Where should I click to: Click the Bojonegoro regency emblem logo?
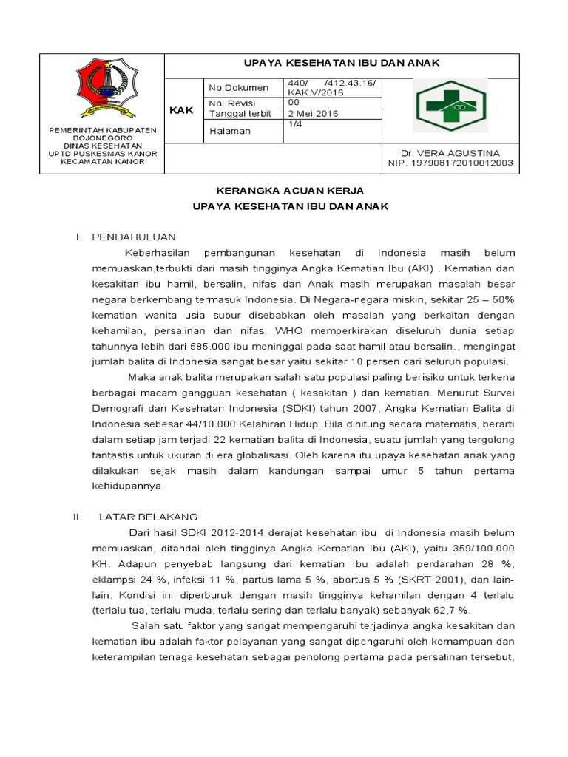coord(103,88)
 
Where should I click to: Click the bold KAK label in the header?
coord(181,110)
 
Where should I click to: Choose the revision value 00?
coord(294,103)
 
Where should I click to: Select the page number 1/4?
coord(294,125)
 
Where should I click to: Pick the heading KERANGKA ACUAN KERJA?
coord(285,191)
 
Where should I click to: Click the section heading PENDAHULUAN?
coord(133,237)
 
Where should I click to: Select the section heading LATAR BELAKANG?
coord(148,517)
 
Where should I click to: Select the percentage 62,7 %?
coord(450,611)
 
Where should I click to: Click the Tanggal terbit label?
coord(242,114)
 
